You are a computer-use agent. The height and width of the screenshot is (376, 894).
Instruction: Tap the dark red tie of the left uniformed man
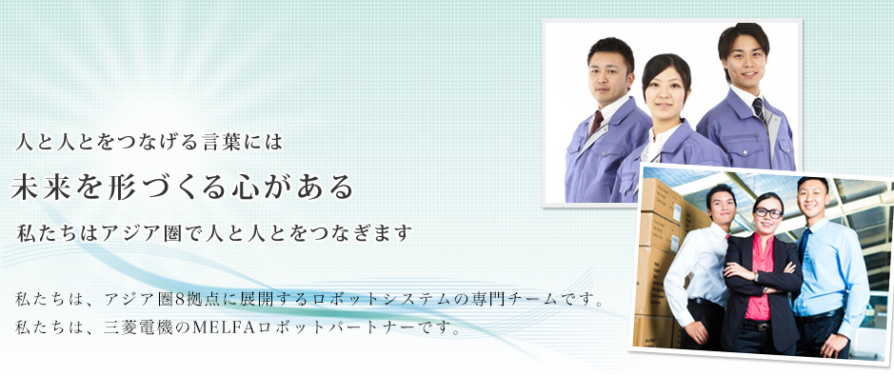[x=596, y=122]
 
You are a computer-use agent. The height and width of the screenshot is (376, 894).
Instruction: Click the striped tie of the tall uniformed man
[x=759, y=110]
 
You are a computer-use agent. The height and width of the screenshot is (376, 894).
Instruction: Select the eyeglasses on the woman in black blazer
[x=767, y=213]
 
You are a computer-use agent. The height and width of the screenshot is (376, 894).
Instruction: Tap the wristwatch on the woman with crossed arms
[x=755, y=276]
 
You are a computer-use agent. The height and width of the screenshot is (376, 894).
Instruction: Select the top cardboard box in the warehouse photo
[x=662, y=197]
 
